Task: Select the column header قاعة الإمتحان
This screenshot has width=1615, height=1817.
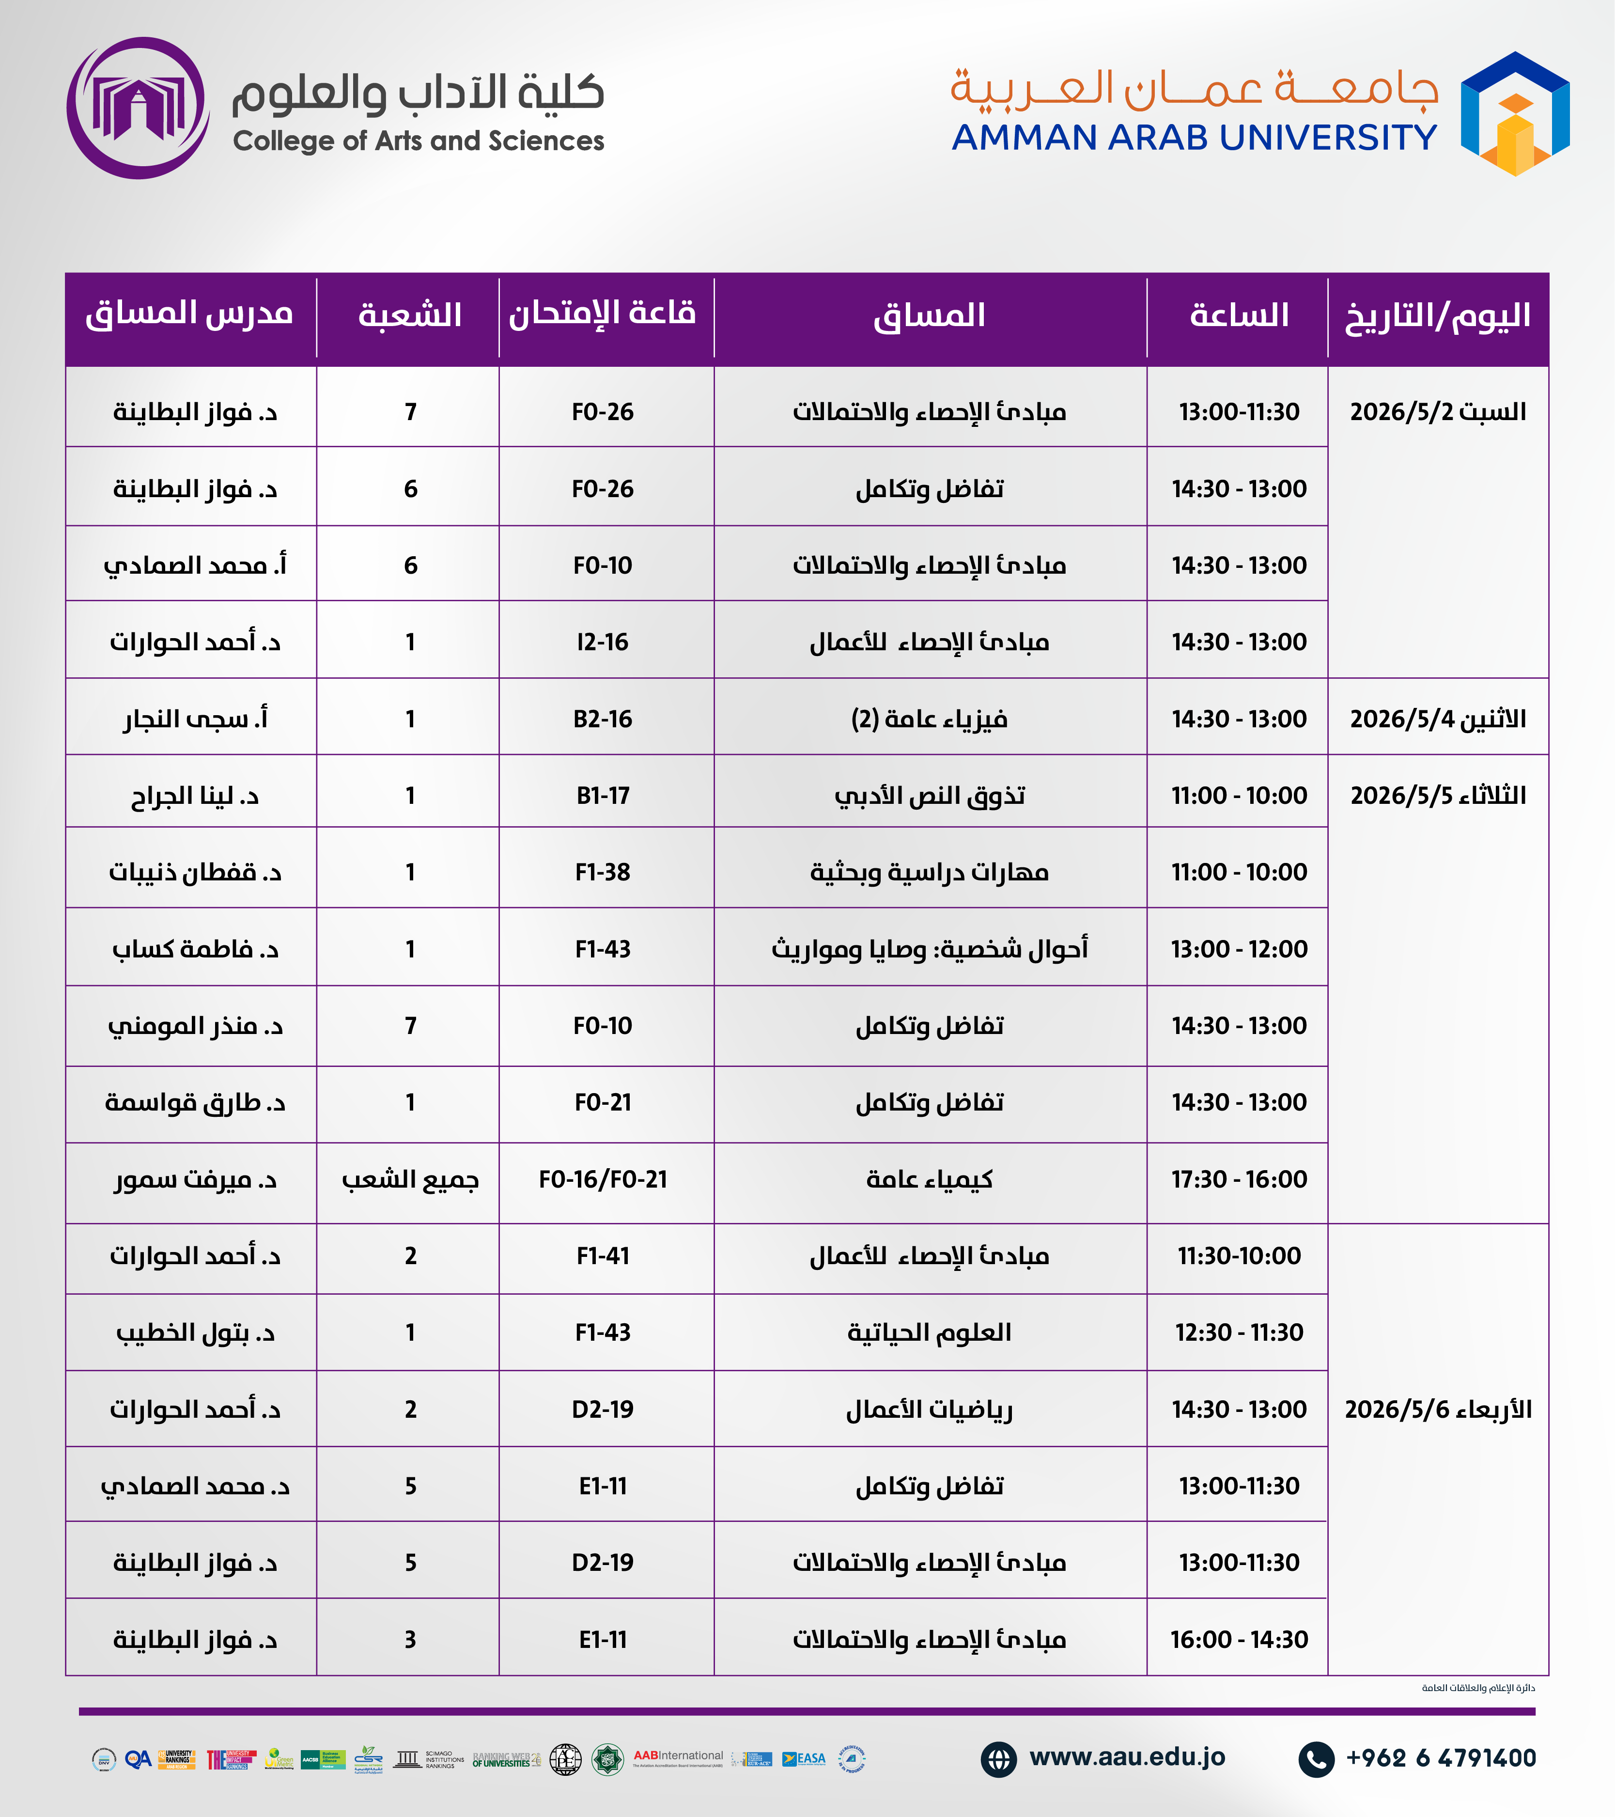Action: [603, 314]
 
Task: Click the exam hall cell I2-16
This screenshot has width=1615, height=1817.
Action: [603, 642]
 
